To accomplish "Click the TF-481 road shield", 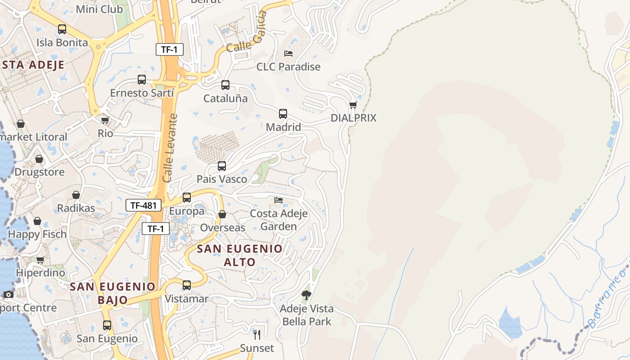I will [x=144, y=206].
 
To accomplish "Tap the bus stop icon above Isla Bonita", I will [x=62, y=29].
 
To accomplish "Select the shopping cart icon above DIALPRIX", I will [x=353, y=105].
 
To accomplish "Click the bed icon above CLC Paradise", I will [x=288, y=54].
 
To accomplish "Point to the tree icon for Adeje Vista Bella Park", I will [x=306, y=295].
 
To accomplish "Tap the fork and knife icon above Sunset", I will [x=257, y=334].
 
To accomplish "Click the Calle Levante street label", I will [x=170, y=148].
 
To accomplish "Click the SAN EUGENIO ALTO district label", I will [x=240, y=255].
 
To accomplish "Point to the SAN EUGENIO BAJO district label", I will [x=112, y=293].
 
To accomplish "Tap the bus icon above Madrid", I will [x=283, y=114].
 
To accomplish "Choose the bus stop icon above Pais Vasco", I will [x=222, y=166].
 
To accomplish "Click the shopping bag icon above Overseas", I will [x=222, y=214].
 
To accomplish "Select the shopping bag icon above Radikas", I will [x=76, y=195].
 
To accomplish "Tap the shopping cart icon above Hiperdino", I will [x=40, y=260].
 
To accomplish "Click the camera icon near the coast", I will [x=9, y=294].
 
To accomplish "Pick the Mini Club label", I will [x=99, y=9].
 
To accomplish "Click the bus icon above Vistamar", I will [x=187, y=285].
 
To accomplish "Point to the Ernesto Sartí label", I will [x=142, y=93].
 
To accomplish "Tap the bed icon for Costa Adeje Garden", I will [x=279, y=200].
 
